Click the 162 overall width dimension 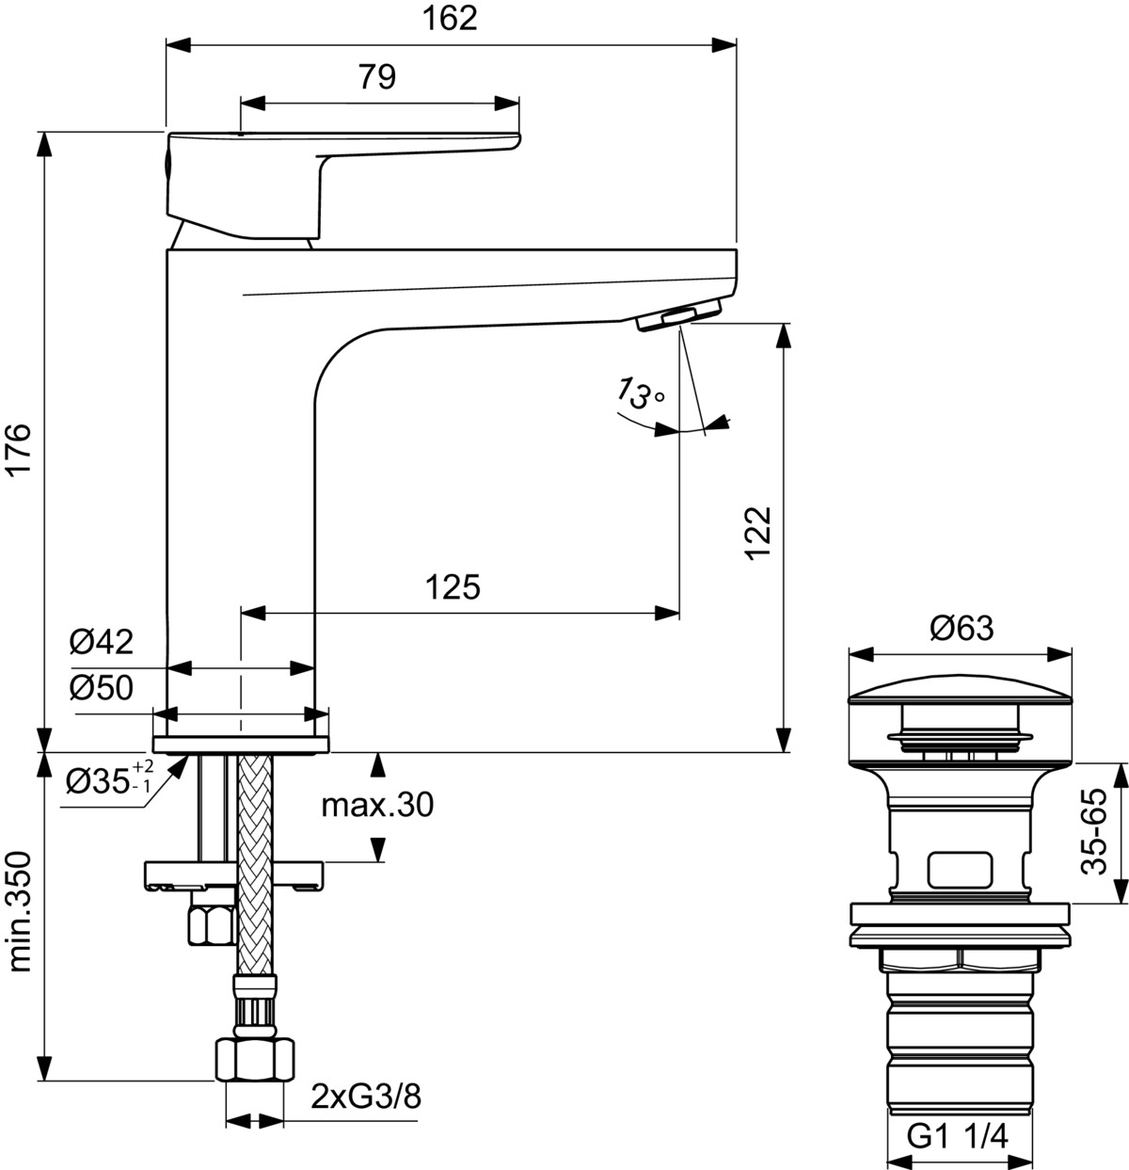[451, 18]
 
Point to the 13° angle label [638, 393]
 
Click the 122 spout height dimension [758, 533]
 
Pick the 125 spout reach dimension [453, 587]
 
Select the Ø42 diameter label [101, 643]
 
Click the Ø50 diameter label [101, 689]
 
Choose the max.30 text [376, 806]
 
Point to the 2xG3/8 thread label [366, 1097]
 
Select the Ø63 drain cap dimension [961, 628]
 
